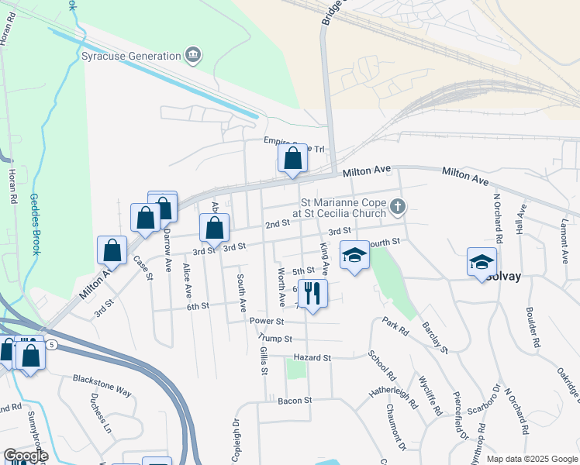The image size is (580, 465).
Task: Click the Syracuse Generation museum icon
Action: [193, 54]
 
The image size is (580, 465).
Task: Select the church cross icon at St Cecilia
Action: [398, 206]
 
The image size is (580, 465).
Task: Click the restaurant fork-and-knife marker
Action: [312, 294]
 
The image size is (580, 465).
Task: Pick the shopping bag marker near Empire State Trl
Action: [293, 159]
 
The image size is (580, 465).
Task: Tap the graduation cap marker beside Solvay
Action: [482, 261]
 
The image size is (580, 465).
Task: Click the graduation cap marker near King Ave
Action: [354, 255]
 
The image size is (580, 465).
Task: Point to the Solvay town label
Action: [505, 277]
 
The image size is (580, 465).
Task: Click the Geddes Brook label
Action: [34, 225]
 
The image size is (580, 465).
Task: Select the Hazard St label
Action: [312, 358]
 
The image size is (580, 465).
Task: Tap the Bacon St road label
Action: [295, 401]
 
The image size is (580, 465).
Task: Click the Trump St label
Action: [276, 339]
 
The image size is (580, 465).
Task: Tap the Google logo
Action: [26, 456]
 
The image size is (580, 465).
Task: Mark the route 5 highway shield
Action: [51, 343]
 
